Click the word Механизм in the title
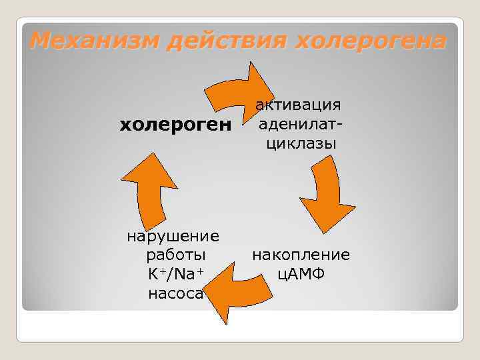pos(94,41)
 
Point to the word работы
pos(174,255)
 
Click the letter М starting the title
pos(42,41)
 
